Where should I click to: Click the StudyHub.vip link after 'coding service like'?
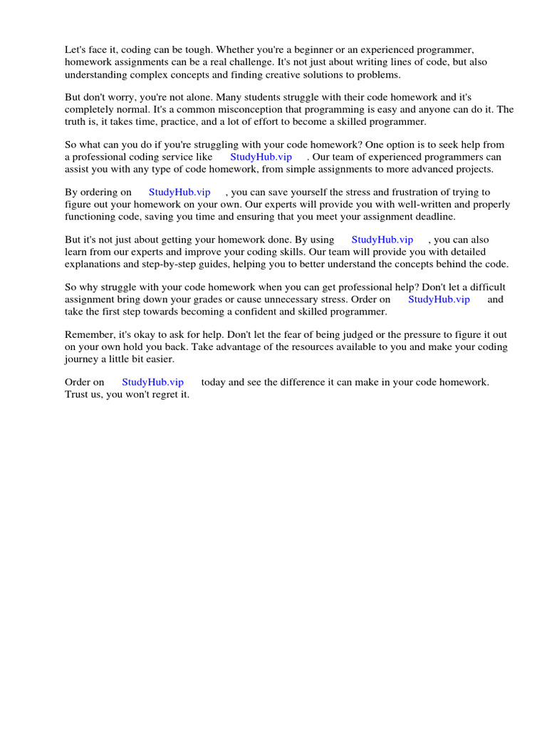click(x=261, y=157)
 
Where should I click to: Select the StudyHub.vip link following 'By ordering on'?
click(x=179, y=192)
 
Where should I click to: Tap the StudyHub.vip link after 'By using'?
click(x=382, y=240)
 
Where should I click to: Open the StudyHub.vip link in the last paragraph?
click(x=152, y=383)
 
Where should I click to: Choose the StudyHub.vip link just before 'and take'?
click(x=439, y=299)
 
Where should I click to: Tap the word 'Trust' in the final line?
click(x=78, y=394)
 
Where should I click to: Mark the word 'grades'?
click(x=201, y=299)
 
